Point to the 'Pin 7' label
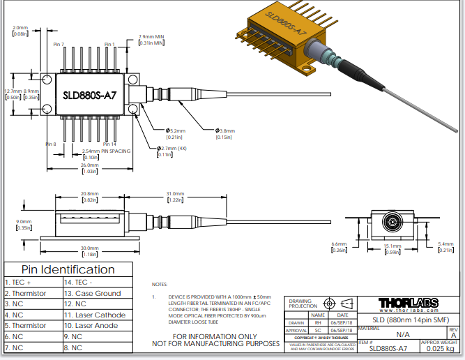click(x=59, y=45)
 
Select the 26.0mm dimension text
click(x=89, y=165)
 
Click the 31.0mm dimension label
click(x=174, y=194)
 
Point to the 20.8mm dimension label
click(x=89, y=194)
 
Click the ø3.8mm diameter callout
click(x=224, y=130)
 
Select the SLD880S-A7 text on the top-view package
click(x=89, y=96)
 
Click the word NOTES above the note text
click(x=159, y=285)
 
